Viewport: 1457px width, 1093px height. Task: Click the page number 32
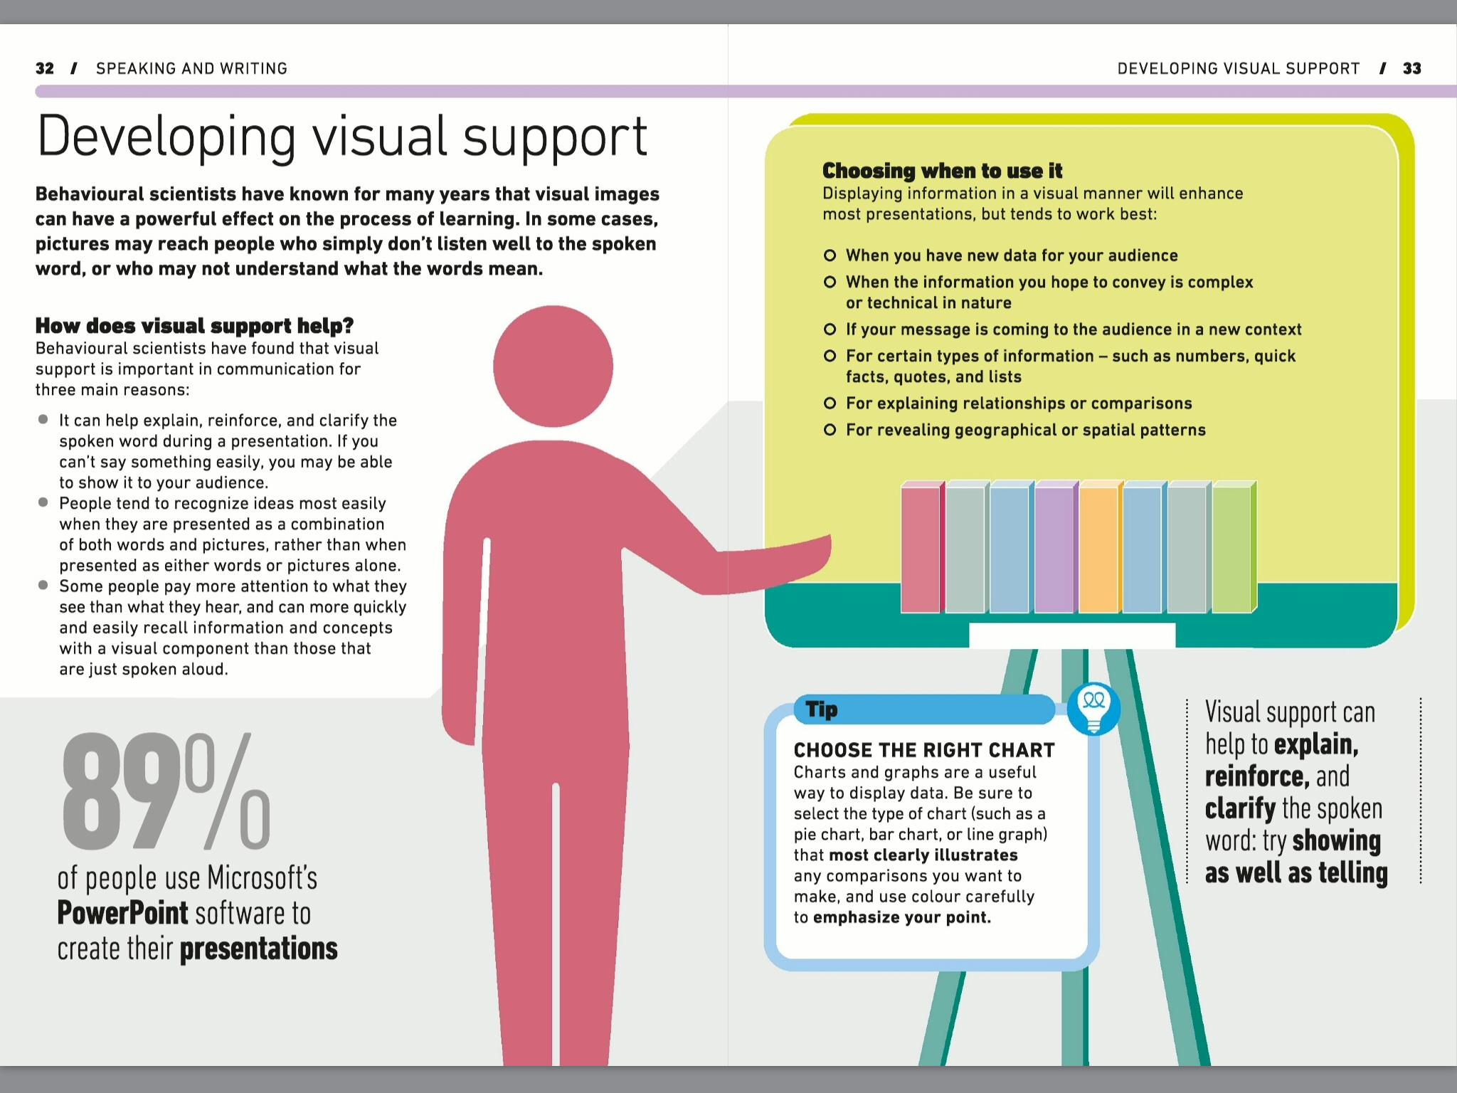(x=44, y=68)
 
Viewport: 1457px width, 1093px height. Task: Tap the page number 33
(x=1411, y=68)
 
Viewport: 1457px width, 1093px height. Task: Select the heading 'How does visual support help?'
(x=194, y=326)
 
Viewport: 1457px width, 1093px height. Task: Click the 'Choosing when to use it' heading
(x=942, y=171)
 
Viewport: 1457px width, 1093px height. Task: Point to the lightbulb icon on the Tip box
(x=1093, y=708)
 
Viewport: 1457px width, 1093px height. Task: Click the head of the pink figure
(x=553, y=366)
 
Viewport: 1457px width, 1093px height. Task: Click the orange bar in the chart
(x=1098, y=549)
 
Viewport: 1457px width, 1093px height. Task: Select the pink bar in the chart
(x=920, y=549)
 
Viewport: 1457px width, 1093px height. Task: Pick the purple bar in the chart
(x=1054, y=549)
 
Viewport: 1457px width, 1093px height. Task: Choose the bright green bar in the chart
(x=1231, y=549)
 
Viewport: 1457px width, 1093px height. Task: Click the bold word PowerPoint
(x=122, y=913)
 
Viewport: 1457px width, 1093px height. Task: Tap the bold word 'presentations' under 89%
(x=258, y=949)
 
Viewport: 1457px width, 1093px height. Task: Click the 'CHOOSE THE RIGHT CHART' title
(x=924, y=750)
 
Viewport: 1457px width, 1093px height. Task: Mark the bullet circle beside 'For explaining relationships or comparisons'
(x=830, y=403)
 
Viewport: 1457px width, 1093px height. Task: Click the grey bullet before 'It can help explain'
(x=43, y=420)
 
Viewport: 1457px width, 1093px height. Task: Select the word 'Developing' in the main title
(x=166, y=137)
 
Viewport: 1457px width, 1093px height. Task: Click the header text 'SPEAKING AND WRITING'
(x=191, y=68)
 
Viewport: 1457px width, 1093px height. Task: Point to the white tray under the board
(x=1071, y=635)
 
